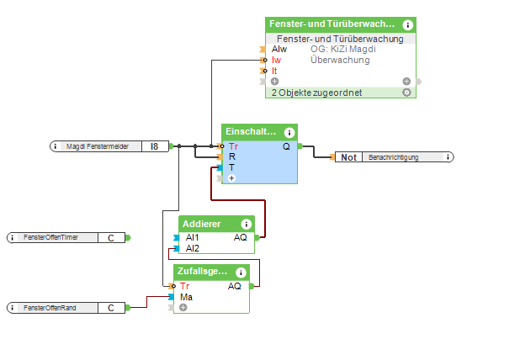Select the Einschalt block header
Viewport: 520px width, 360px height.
(x=251, y=132)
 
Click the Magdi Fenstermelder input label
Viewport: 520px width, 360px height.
(x=98, y=146)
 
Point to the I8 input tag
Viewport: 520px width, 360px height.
(x=154, y=146)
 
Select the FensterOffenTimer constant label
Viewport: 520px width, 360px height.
(x=51, y=238)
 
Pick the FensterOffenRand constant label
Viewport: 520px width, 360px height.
(x=50, y=308)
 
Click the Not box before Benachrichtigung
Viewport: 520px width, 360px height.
(x=348, y=157)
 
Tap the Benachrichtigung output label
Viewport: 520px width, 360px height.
(x=403, y=157)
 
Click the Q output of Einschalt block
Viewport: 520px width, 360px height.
(x=286, y=146)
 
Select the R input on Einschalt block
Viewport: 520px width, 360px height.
(x=231, y=156)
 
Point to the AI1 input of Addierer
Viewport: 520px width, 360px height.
(x=192, y=238)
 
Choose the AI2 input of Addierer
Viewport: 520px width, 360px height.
(x=192, y=248)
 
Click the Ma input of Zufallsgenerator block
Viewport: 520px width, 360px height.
(x=186, y=297)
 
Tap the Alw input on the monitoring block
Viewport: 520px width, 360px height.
(x=279, y=49)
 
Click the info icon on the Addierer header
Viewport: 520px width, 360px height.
(x=246, y=224)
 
